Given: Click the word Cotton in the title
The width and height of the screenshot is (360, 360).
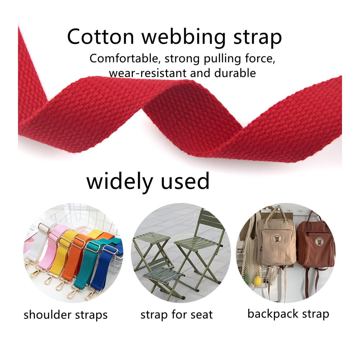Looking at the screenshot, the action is [100, 37].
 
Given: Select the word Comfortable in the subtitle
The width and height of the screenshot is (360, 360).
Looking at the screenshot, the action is [123, 58].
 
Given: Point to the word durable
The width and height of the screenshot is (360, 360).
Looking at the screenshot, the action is [235, 73].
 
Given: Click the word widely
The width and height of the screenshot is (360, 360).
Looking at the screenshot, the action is [120, 182].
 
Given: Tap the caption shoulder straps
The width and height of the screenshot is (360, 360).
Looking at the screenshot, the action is [66, 315].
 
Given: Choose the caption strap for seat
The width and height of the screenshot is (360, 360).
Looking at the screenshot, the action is [176, 315].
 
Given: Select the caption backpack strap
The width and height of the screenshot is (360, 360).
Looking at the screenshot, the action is [288, 314].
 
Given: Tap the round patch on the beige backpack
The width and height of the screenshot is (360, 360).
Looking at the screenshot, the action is [277, 239].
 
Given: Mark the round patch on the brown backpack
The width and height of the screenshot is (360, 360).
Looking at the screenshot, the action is [319, 242].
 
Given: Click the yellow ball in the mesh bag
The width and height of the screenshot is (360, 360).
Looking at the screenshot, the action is [258, 280].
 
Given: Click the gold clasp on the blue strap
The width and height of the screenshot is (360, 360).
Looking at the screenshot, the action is [91, 296].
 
